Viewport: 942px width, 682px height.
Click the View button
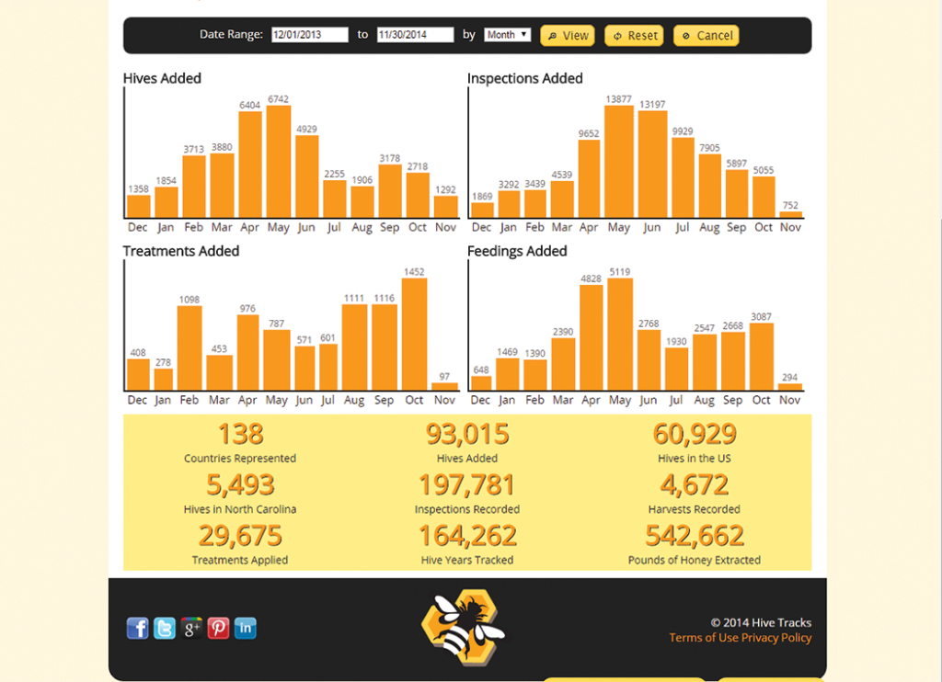[567, 36]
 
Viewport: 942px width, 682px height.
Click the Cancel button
[706, 36]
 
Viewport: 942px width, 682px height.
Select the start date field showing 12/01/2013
[309, 35]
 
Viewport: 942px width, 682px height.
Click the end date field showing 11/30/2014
[415, 35]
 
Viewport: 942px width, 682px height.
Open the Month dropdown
[507, 35]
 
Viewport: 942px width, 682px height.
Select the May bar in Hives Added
[279, 162]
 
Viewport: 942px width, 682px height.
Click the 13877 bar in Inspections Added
[619, 162]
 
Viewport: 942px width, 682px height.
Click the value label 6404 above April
[250, 106]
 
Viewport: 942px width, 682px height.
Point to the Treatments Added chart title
[181, 251]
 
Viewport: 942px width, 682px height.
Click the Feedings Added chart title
[517, 251]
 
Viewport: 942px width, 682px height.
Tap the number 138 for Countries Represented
[240, 434]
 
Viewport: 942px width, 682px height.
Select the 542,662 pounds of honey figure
[695, 536]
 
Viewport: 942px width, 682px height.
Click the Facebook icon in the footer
[137, 628]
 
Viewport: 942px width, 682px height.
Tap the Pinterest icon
[218, 628]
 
